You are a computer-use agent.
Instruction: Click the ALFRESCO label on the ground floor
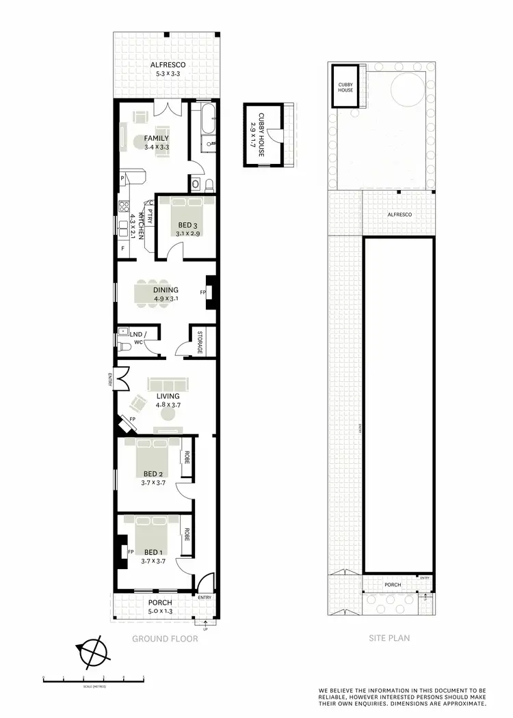pyautogui.click(x=168, y=66)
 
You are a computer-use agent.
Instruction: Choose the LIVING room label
pyautogui.click(x=168, y=396)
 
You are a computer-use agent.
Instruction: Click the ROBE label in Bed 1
pyautogui.click(x=185, y=534)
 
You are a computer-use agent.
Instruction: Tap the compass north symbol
pyautogui.click(x=93, y=652)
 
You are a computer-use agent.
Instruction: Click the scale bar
pyautogui.click(x=94, y=679)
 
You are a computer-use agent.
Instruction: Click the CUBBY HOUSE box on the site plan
pyautogui.click(x=345, y=87)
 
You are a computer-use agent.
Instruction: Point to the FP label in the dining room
pyautogui.click(x=203, y=292)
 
